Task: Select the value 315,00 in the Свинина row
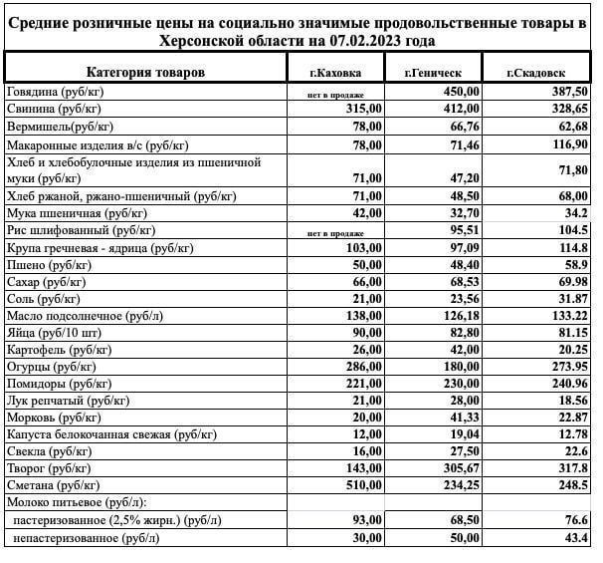[362, 108]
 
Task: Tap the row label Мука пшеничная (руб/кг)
[76, 213]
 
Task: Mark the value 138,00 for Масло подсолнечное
[362, 315]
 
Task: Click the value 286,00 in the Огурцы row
[362, 366]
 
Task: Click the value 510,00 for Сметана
[362, 484]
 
